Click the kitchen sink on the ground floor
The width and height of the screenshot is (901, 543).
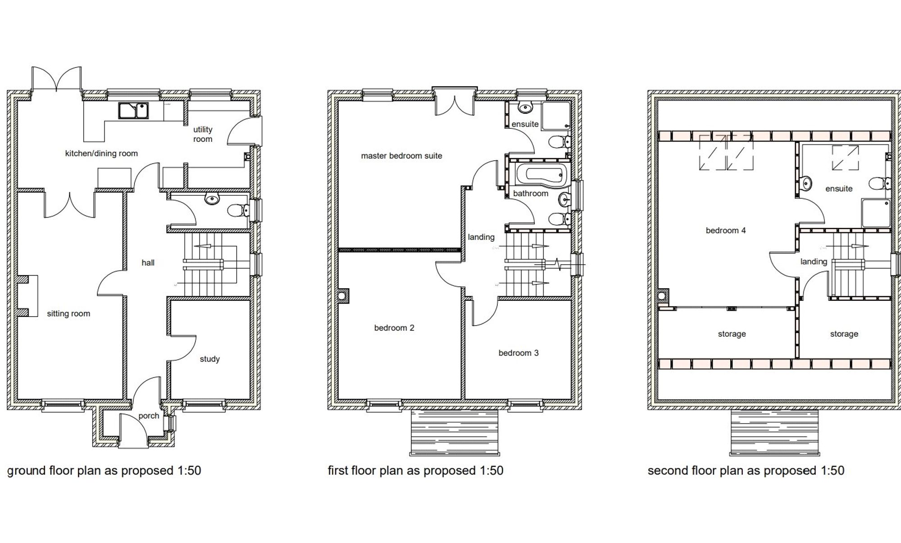[x=133, y=111]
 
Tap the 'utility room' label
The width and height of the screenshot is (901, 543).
[x=203, y=134]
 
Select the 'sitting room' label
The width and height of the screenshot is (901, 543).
[x=68, y=314]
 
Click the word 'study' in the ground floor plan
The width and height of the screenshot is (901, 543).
[x=209, y=359]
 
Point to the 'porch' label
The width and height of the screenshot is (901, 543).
[x=149, y=416]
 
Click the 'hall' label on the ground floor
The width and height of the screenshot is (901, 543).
[x=148, y=262]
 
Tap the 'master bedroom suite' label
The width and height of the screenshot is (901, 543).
[x=401, y=156]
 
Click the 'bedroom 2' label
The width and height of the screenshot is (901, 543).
[x=394, y=328]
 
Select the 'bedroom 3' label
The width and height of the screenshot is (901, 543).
[x=518, y=353]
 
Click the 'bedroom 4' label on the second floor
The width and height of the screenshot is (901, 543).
[x=725, y=231]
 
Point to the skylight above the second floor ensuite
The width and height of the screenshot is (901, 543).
[x=845, y=158]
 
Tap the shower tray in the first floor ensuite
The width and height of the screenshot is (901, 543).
[x=556, y=115]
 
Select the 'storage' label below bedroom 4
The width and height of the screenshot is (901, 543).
[x=732, y=334]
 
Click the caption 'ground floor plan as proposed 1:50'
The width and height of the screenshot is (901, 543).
[x=104, y=471]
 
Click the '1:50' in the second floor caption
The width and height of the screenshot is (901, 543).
[x=832, y=471]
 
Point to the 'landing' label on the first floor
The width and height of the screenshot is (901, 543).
[x=481, y=237]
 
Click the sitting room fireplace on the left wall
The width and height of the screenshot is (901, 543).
[x=27, y=296]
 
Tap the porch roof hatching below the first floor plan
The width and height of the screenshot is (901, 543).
[x=455, y=432]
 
